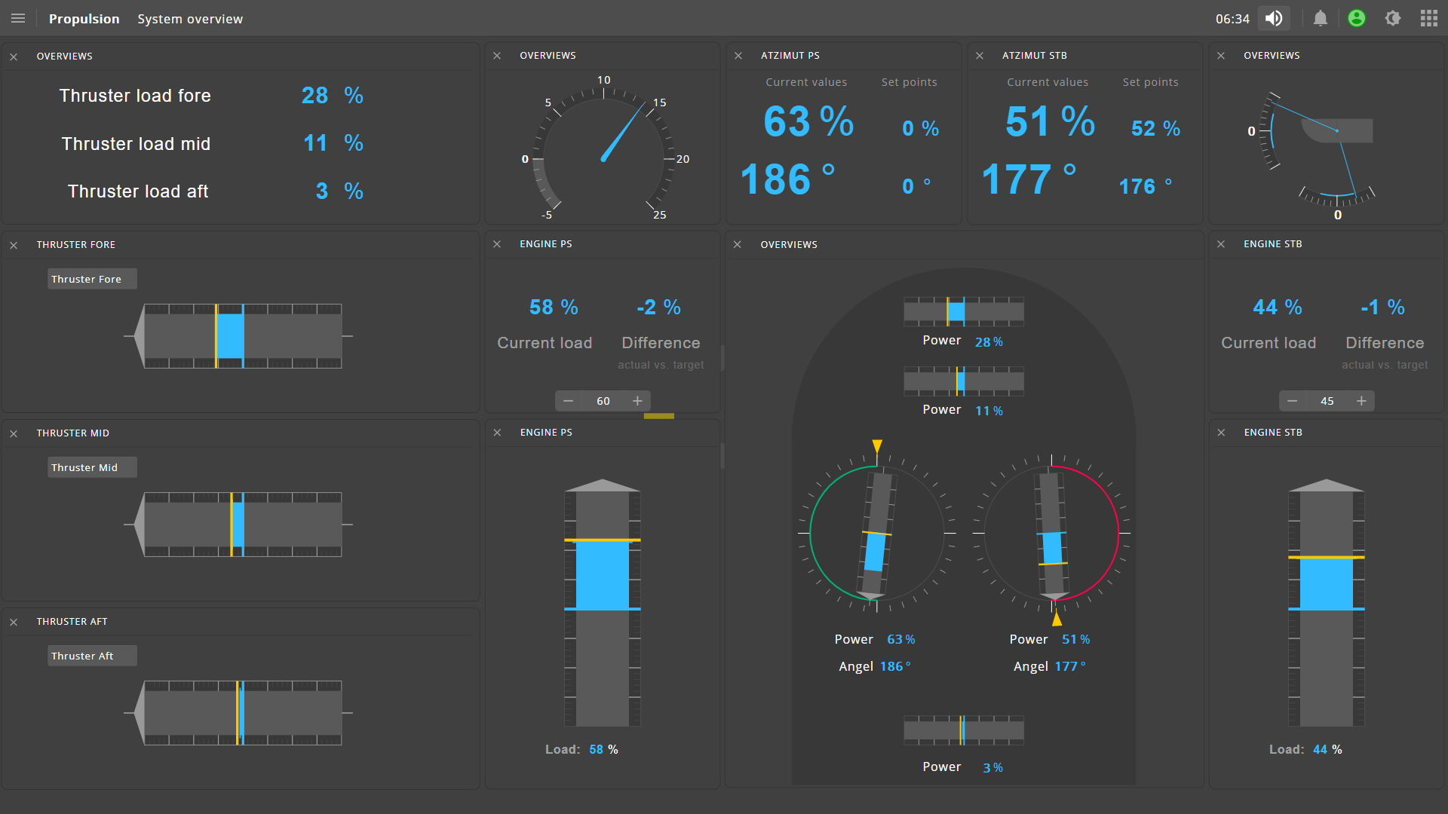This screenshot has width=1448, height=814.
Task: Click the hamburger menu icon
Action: (18, 18)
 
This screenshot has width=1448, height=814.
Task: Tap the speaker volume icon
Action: (1274, 18)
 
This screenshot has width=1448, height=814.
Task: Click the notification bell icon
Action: (1320, 18)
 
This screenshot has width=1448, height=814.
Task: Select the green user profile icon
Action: (1356, 18)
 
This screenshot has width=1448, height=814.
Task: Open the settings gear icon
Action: (1392, 18)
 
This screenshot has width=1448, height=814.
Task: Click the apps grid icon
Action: (1428, 18)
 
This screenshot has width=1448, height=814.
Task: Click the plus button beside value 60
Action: (637, 401)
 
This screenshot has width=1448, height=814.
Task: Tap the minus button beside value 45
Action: (1292, 401)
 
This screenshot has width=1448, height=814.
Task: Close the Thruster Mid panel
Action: (14, 433)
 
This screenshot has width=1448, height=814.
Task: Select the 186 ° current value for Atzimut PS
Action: (787, 179)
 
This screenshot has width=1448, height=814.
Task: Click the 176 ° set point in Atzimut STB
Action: (1145, 186)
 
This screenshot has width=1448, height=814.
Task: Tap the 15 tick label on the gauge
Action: (659, 103)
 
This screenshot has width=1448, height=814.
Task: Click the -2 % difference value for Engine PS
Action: (658, 308)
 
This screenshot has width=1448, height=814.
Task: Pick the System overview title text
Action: (190, 19)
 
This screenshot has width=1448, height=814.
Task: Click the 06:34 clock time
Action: (1232, 19)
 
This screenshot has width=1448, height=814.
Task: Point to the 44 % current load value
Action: (1277, 308)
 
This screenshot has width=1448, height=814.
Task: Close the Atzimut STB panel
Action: (979, 56)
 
